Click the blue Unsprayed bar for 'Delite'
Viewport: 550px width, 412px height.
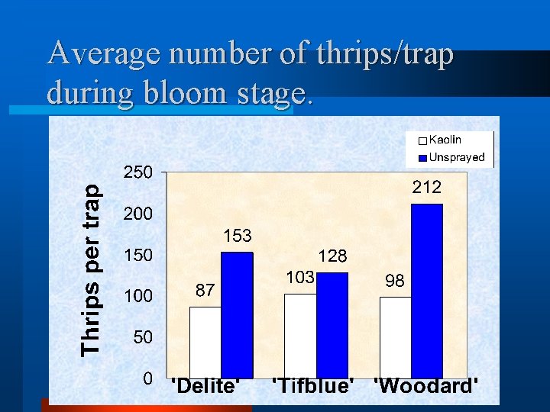click(x=237, y=314)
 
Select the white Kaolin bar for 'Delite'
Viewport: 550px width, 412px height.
click(x=205, y=342)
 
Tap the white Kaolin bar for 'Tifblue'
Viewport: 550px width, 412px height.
click(x=300, y=336)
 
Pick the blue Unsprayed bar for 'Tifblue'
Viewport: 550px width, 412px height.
click(x=332, y=325)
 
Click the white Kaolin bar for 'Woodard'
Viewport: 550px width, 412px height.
click(x=395, y=337)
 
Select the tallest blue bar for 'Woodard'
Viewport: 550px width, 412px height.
click(x=426, y=291)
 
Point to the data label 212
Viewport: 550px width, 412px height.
click(x=426, y=186)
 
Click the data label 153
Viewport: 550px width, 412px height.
click(x=237, y=237)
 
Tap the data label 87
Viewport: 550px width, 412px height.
click(x=205, y=290)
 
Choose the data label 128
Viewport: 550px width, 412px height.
click(x=333, y=257)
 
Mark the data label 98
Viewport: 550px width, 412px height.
click(x=395, y=281)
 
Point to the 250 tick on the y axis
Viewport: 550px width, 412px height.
click(x=138, y=172)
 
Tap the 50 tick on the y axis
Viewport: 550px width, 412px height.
click(x=143, y=336)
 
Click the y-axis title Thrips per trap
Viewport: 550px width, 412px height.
click(x=91, y=269)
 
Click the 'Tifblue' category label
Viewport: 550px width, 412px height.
click(x=315, y=385)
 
